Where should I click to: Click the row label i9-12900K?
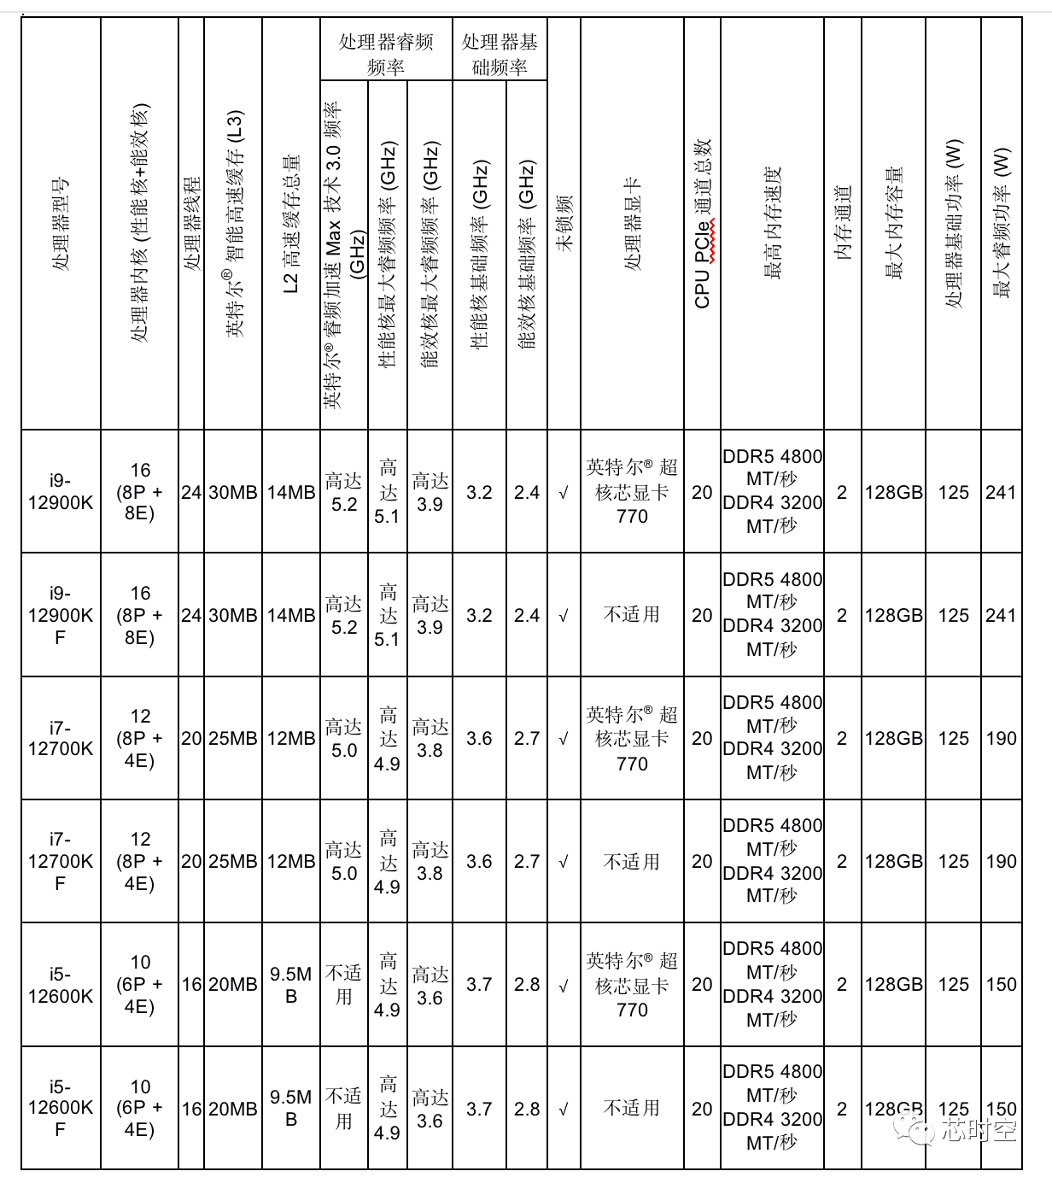coord(61,492)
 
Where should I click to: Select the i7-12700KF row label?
coord(61,861)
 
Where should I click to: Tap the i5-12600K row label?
coord(61,985)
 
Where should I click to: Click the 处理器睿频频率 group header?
coord(386,54)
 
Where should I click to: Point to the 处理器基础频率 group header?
coord(500,54)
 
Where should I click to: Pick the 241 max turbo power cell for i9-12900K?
coord(1001,492)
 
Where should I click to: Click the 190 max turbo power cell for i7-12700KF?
coord(1001,861)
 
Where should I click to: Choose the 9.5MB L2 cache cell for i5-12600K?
coord(291,985)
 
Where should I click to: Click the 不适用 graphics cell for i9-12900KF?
coord(632,615)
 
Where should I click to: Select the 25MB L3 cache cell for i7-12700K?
coord(233,738)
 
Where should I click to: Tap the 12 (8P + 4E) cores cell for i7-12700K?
coord(140,738)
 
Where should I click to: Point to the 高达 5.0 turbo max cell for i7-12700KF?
coord(344,861)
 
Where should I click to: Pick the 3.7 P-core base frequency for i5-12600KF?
coord(479,1109)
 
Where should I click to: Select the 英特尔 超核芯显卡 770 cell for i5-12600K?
coord(632,985)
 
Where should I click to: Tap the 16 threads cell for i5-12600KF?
coord(191,1109)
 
